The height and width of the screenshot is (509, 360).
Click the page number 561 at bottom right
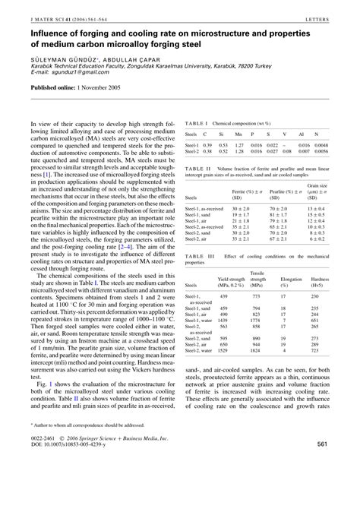pyautogui.click(x=341, y=487)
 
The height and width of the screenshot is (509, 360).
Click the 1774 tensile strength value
pyautogui.click(x=257, y=321)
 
